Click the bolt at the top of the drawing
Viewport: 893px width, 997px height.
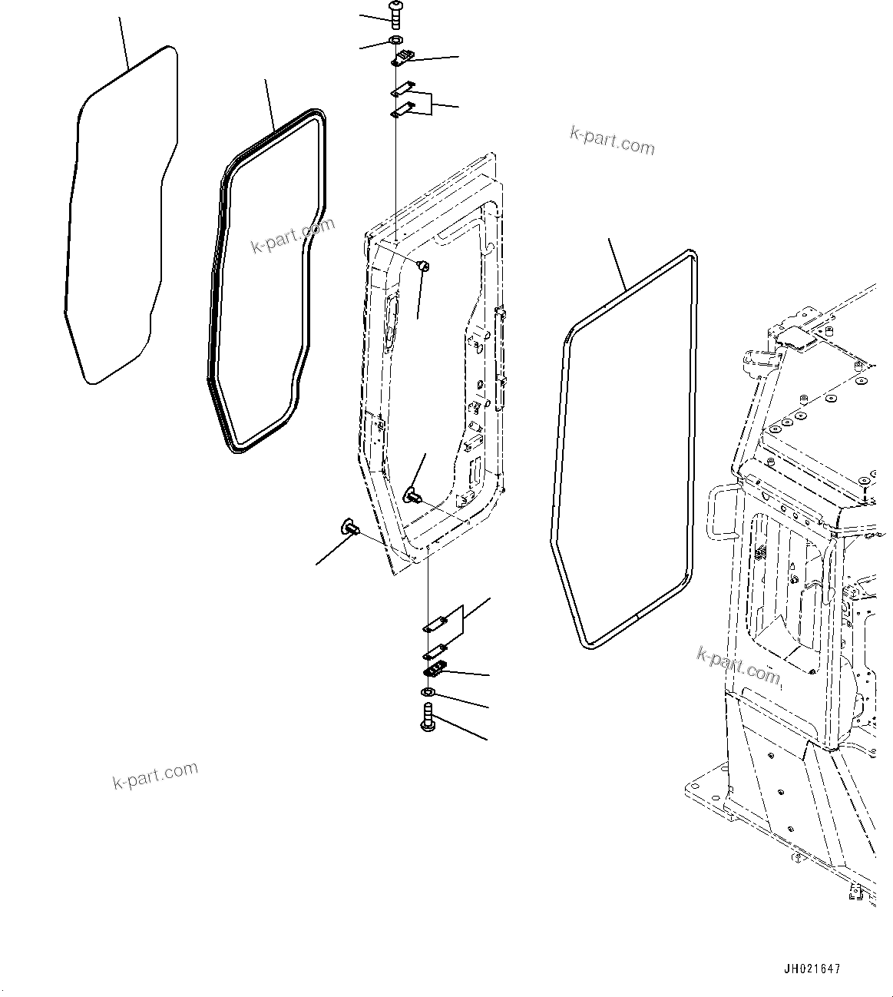click(x=395, y=15)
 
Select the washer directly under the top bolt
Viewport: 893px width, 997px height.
click(x=395, y=40)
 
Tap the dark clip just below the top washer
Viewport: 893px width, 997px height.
click(x=402, y=57)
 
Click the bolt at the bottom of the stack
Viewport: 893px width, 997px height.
click(x=428, y=721)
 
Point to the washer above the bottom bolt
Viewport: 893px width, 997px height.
click(x=428, y=694)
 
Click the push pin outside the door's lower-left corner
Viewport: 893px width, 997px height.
click(x=350, y=528)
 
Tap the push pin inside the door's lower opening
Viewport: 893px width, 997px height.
click(x=412, y=493)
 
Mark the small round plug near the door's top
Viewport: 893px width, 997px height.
click(x=422, y=266)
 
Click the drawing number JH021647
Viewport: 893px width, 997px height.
click(x=812, y=969)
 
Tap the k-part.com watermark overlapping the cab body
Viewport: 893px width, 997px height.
click(x=738, y=664)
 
